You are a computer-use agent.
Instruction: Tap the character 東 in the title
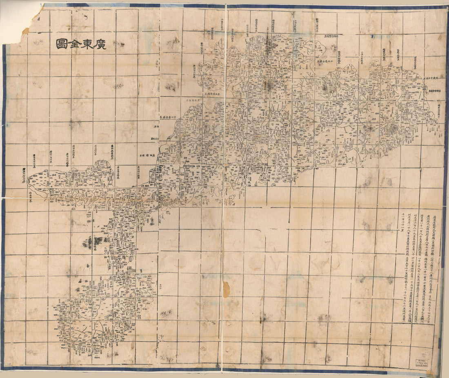pyautogui.click(x=87, y=43)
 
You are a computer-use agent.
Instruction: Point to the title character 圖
pyautogui.click(x=62, y=43)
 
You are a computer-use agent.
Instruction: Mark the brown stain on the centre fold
pyautogui.click(x=226, y=289)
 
